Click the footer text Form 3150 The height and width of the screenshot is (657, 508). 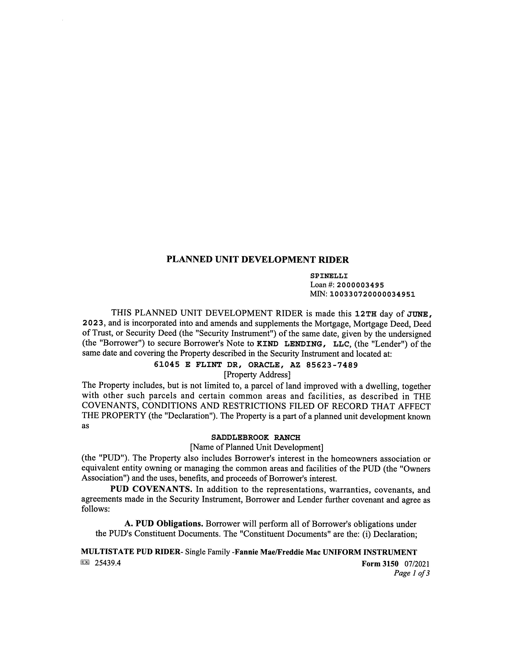[380, 563]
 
